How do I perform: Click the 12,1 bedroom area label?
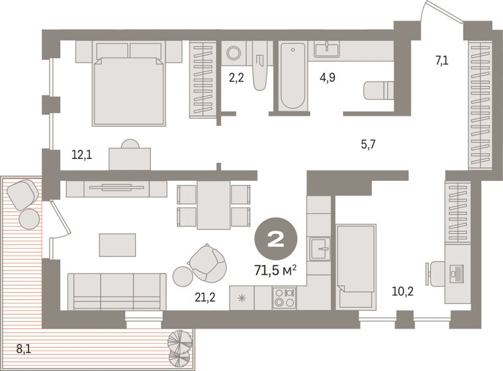[81, 156]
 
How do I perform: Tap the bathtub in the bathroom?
[293, 77]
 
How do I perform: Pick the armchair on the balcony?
[23, 193]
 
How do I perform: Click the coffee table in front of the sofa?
[117, 244]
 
